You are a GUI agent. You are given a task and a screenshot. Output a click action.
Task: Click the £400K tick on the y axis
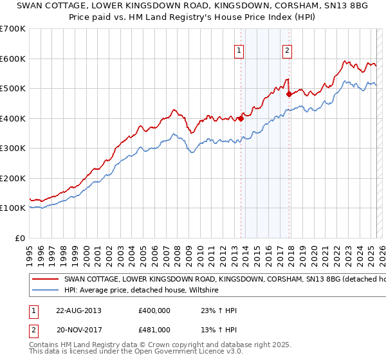(12, 118)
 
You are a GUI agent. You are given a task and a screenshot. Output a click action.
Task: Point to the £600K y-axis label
(12, 59)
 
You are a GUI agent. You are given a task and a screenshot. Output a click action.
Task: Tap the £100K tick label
(12, 208)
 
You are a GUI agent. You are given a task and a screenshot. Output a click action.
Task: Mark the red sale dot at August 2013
(241, 118)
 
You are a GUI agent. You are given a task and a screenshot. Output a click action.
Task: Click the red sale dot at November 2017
(289, 94)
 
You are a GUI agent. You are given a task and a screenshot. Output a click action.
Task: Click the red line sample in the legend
(45, 280)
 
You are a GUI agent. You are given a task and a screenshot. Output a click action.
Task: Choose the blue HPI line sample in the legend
(45, 291)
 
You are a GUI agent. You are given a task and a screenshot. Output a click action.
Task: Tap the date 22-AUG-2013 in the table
(78, 310)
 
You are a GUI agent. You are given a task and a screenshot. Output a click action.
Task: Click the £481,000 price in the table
(154, 330)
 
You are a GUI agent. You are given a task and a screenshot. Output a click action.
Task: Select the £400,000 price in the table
(154, 310)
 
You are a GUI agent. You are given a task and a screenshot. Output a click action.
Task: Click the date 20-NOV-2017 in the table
(78, 330)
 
